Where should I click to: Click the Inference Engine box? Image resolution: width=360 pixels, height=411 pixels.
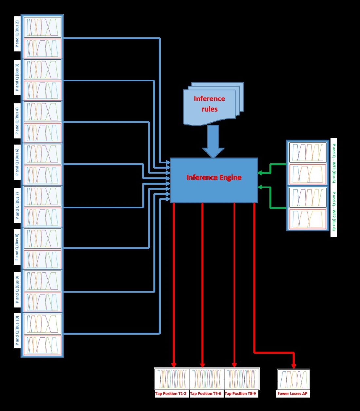214,180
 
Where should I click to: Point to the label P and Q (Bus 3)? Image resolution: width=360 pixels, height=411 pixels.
17,77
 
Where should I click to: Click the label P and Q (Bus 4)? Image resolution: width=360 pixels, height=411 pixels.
17,121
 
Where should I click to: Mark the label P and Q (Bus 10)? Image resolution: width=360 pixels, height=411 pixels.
17,331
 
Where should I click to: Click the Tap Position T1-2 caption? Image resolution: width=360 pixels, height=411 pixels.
171,394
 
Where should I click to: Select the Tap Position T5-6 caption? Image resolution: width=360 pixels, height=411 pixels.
206,394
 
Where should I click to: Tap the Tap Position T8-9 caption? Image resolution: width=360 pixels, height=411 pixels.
240,394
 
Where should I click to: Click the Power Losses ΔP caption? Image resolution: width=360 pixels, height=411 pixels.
292,394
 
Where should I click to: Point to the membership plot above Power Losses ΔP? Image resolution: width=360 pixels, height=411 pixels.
293,379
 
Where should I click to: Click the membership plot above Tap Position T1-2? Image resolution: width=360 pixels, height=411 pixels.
171,379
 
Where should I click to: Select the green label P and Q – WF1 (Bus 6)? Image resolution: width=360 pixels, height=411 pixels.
334,163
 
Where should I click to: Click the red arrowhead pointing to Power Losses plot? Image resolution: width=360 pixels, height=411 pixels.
294,366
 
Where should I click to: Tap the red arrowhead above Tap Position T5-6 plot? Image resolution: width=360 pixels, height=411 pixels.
202,365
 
